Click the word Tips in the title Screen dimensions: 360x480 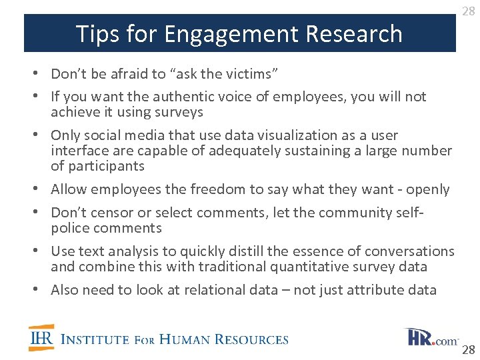click(94, 33)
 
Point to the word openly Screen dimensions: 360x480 click(427, 189)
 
